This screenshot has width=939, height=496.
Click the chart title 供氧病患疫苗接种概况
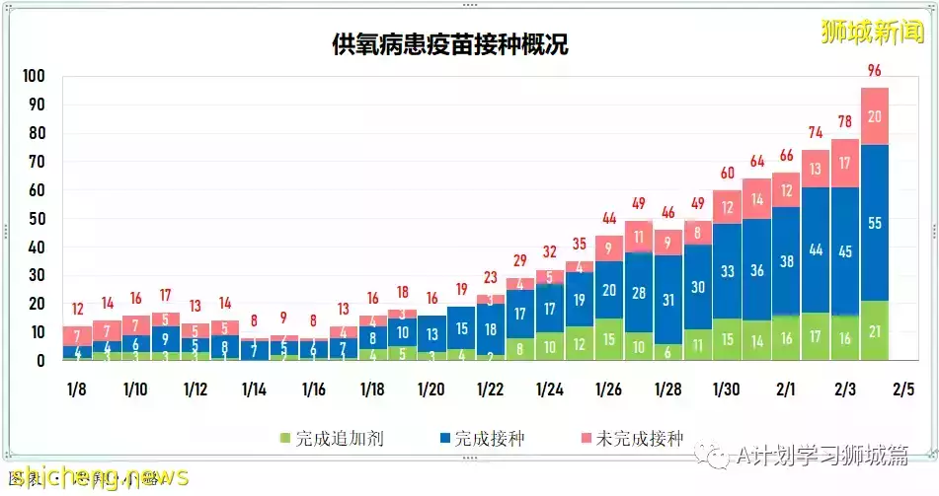tap(450, 44)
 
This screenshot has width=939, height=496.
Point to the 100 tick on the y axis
tap(35, 77)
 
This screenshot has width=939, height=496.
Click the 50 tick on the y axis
tap(39, 219)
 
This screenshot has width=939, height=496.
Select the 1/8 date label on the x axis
tap(76, 390)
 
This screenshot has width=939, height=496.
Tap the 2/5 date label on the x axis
tap(903, 390)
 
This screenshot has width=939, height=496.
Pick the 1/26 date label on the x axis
tap(608, 390)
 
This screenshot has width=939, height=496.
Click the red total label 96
tap(874, 70)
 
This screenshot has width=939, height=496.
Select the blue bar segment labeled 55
tap(874, 223)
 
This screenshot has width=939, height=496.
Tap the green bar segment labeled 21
tap(874, 331)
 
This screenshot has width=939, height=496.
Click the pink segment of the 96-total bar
tap(874, 115)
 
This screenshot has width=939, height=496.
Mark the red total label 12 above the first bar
tap(77, 310)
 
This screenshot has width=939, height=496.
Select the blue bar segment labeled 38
tap(786, 261)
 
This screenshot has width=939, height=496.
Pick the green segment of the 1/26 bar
tap(609, 339)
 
